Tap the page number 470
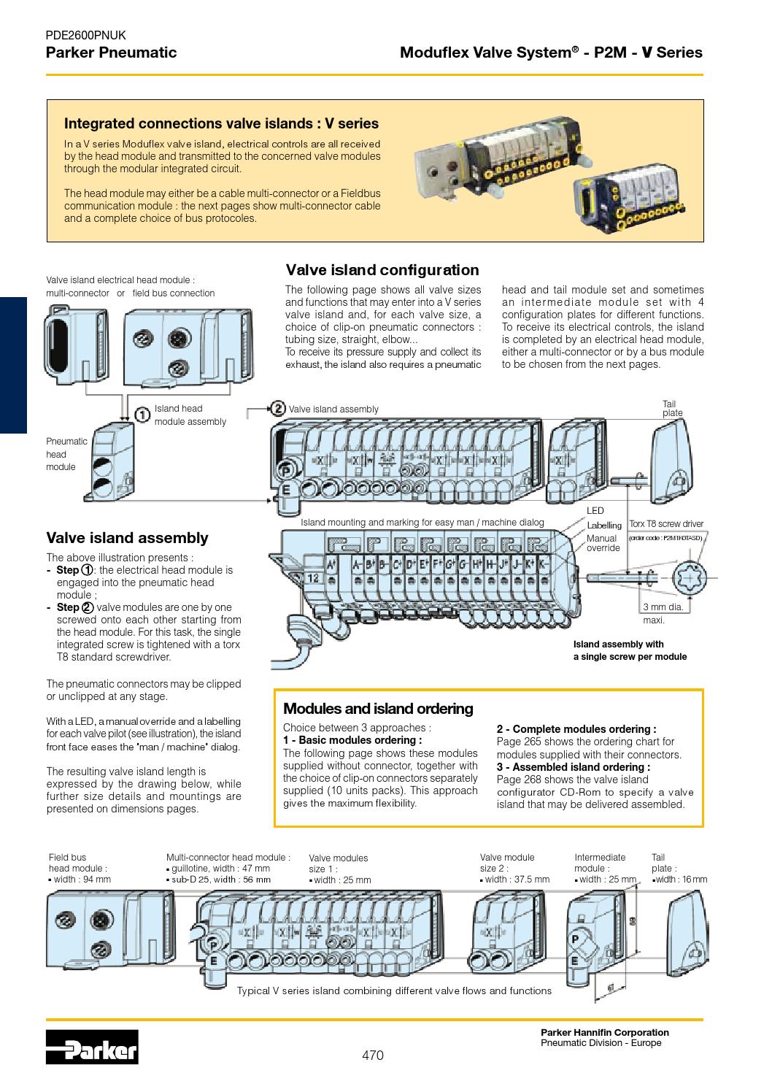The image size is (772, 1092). point(373,1056)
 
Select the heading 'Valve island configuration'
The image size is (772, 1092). point(382,270)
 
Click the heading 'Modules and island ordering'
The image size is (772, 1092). point(378,709)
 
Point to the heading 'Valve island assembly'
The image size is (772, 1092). point(127,538)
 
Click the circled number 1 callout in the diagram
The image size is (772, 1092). point(143,414)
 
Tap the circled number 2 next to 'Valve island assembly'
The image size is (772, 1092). point(277,408)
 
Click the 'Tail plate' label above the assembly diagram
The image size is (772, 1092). point(671,408)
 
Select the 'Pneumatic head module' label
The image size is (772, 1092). point(66,454)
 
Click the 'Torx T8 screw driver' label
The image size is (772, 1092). point(666,524)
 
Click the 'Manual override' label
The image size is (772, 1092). point(603,543)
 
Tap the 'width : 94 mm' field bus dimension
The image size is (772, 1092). point(82,879)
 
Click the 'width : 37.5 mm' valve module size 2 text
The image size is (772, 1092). point(517,879)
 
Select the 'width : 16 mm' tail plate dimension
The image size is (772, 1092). point(680,879)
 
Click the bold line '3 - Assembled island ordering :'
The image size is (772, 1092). point(574,767)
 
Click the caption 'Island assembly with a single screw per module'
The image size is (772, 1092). point(629,650)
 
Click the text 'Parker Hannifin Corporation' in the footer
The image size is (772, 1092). point(604,1032)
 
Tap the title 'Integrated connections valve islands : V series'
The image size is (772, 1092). point(222,123)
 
